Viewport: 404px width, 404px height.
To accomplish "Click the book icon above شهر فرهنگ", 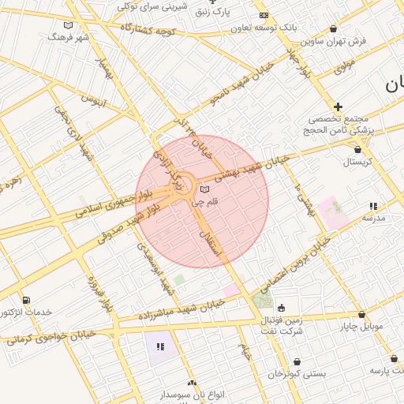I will pos(68,25).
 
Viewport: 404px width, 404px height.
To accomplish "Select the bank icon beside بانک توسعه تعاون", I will pos(264,16).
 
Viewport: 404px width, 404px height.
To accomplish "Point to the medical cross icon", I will pos(339,107).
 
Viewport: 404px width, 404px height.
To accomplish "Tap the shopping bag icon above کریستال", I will pos(359,148).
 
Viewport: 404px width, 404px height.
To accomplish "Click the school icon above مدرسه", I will pos(373,206).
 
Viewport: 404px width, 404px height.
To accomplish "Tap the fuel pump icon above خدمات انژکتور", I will pos(28,300).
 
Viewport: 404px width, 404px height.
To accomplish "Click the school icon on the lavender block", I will pos(161,346).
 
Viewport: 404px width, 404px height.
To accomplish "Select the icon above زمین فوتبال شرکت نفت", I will pos(282,308).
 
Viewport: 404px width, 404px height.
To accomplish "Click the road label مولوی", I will pos(345,69).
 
